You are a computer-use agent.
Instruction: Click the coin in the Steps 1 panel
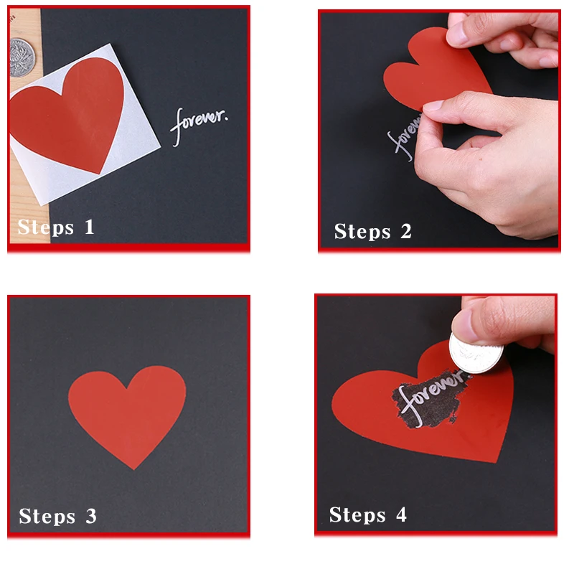(22, 58)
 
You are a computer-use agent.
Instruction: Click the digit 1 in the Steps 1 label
(89, 227)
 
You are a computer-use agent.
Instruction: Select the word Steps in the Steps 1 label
(46, 227)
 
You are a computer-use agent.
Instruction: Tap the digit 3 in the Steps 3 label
(91, 516)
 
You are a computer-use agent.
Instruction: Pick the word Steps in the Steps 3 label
(47, 517)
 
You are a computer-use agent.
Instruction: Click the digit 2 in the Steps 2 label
(406, 231)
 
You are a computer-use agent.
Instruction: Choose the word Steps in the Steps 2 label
(362, 232)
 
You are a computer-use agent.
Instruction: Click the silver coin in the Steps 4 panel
(476, 353)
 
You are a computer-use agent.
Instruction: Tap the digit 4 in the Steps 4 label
(401, 514)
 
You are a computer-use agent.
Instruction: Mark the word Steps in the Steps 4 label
(357, 515)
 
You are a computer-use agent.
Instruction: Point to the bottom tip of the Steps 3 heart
(134, 469)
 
